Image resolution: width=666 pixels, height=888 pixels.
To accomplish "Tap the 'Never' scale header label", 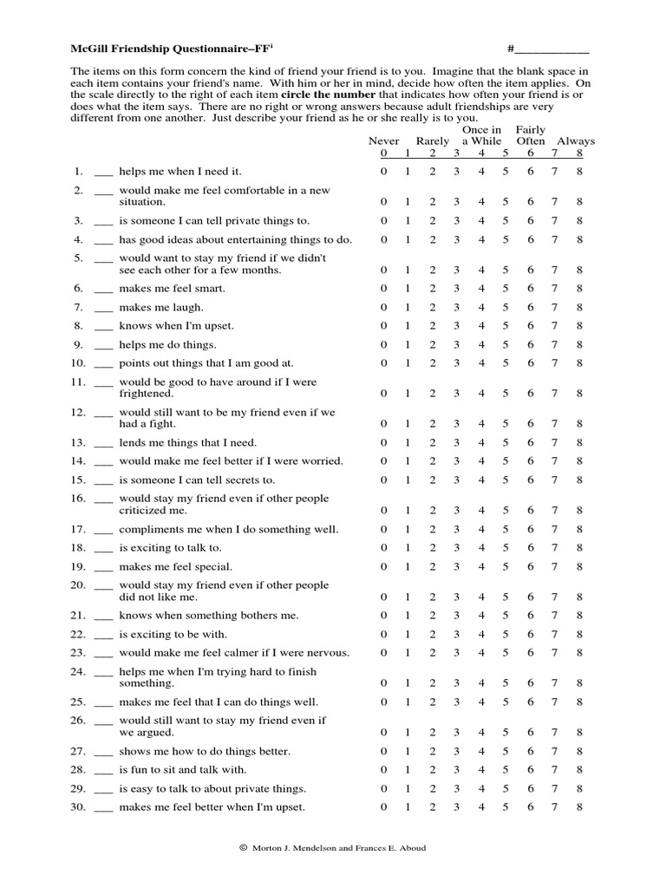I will (384, 140).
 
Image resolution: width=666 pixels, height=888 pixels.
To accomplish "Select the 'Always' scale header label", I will (576, 140).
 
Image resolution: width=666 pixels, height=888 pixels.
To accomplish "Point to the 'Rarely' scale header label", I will (433, 140).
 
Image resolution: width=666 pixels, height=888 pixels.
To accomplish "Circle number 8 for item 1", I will (579, 172).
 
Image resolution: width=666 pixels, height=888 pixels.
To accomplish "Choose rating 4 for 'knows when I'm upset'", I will (480, 326).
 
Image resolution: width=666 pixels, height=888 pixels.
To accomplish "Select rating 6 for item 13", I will (531, 442).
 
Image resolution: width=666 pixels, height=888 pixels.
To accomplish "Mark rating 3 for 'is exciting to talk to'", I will (456, 548).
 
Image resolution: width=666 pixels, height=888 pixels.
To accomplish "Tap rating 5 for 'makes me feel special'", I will (505, 567).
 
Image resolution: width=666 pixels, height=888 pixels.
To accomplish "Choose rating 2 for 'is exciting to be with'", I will (432, 634).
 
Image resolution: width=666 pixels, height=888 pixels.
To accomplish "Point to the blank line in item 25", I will (103, 702).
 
